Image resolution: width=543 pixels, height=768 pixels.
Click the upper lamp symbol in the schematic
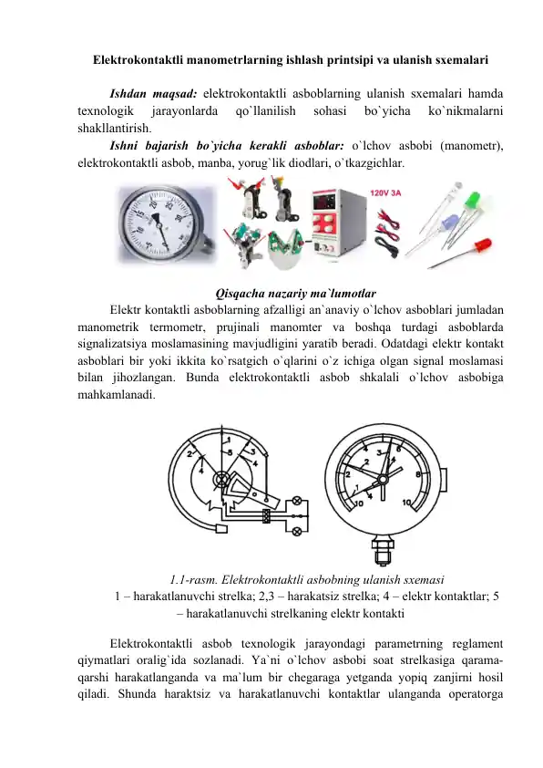point(295,503)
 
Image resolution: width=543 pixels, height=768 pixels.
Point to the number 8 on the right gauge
point(417,475)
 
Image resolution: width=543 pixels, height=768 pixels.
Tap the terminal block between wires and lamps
point(266,516)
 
